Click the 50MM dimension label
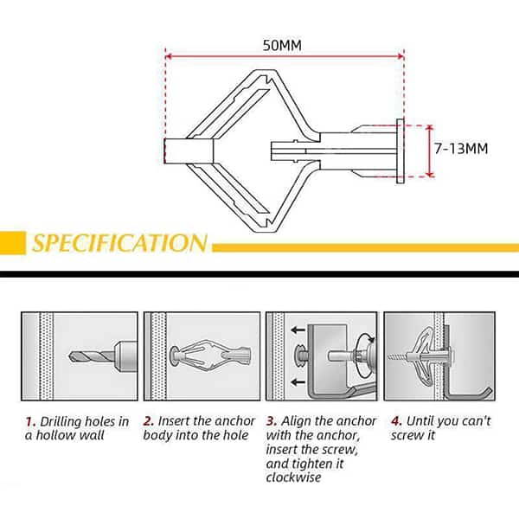pyautogui.click(x=282, y=45)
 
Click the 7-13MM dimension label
pyautogui.click(x=461, y=149)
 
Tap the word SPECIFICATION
pyautogui.click(x=120, y=243)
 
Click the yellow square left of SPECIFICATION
pyautogui.click(x=13, y=243)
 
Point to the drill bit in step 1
pyautogui.click(x=92, y=356)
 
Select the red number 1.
pyautogui.click(x=30, y=422)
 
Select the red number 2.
pyautogui.click(x=149, y=421)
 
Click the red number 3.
pyautogui.click(x=272, y=421)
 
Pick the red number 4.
pyautogui.click(x=396, y=421)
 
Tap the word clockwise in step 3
pyautogui.click(x=293, y=477)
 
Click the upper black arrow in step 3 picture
pyautogui.click(x=298, y=330)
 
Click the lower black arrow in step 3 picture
pyautogui.click(x=298, y=382)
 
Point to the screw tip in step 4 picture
pyautogui.click(x=389, y=356)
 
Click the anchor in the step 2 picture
pyautogui.click(x=210, y=356)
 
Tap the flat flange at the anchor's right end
pyautogui.click(x=400, y=151)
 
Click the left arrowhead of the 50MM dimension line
pyautogui.click(x=168, y=56)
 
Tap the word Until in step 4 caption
pyautogui.click(x=420, y=421)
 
